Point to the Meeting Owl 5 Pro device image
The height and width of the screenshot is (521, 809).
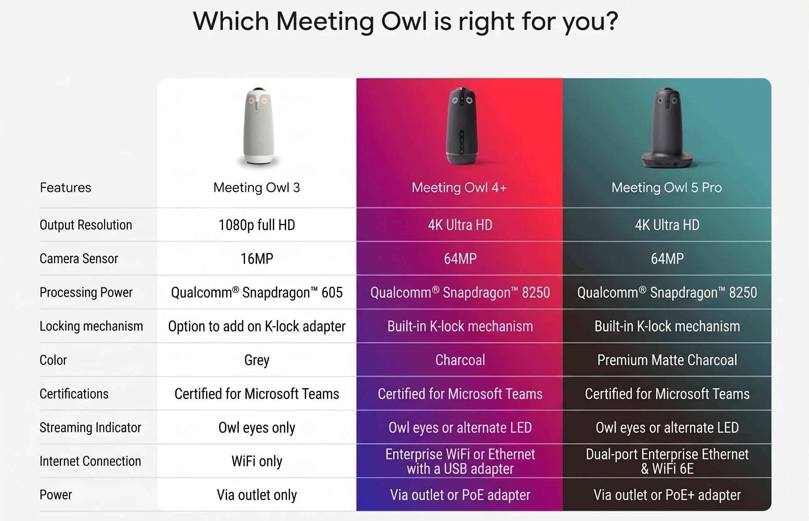(667, 128)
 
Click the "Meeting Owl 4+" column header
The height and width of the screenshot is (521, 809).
(459, 188)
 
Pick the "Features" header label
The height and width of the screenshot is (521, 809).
(66, 188)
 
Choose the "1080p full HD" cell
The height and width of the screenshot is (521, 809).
(257, 225)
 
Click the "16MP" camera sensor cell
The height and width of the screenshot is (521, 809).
(257, 259)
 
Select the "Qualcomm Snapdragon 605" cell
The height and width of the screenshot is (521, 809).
(257, 293)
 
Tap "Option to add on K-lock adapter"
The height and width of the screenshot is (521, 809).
(257, 327)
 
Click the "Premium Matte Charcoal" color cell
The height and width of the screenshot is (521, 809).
(667, 360)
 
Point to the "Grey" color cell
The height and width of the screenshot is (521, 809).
(257, 360)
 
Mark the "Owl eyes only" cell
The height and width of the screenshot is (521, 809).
(257, 428)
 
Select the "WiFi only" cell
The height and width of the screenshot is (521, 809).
(257, 462)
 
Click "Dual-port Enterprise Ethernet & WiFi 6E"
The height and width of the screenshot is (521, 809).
(667, 462)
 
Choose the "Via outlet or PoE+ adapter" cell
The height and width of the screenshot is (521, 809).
(667, 495)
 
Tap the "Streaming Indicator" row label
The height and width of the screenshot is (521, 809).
(90, 428)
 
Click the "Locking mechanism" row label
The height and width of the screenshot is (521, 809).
(91, 326)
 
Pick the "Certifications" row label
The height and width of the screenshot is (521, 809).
(74, 394)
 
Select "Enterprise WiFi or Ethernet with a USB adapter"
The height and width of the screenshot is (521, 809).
(460, 462)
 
